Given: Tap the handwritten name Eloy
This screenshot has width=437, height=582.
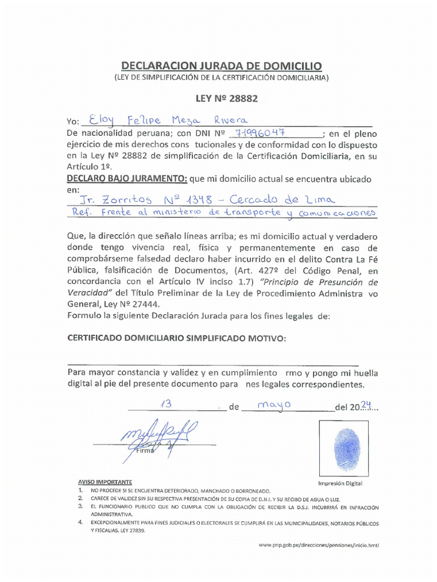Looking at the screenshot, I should pos(98,120).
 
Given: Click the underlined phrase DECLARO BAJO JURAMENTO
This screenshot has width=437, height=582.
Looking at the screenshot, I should pos(127,179).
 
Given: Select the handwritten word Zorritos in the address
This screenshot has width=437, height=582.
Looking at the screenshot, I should pos(125,199).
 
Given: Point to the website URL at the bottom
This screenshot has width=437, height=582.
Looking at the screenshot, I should pos(318,544).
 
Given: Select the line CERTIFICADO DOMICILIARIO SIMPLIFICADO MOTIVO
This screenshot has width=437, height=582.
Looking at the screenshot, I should pos(177,338).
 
